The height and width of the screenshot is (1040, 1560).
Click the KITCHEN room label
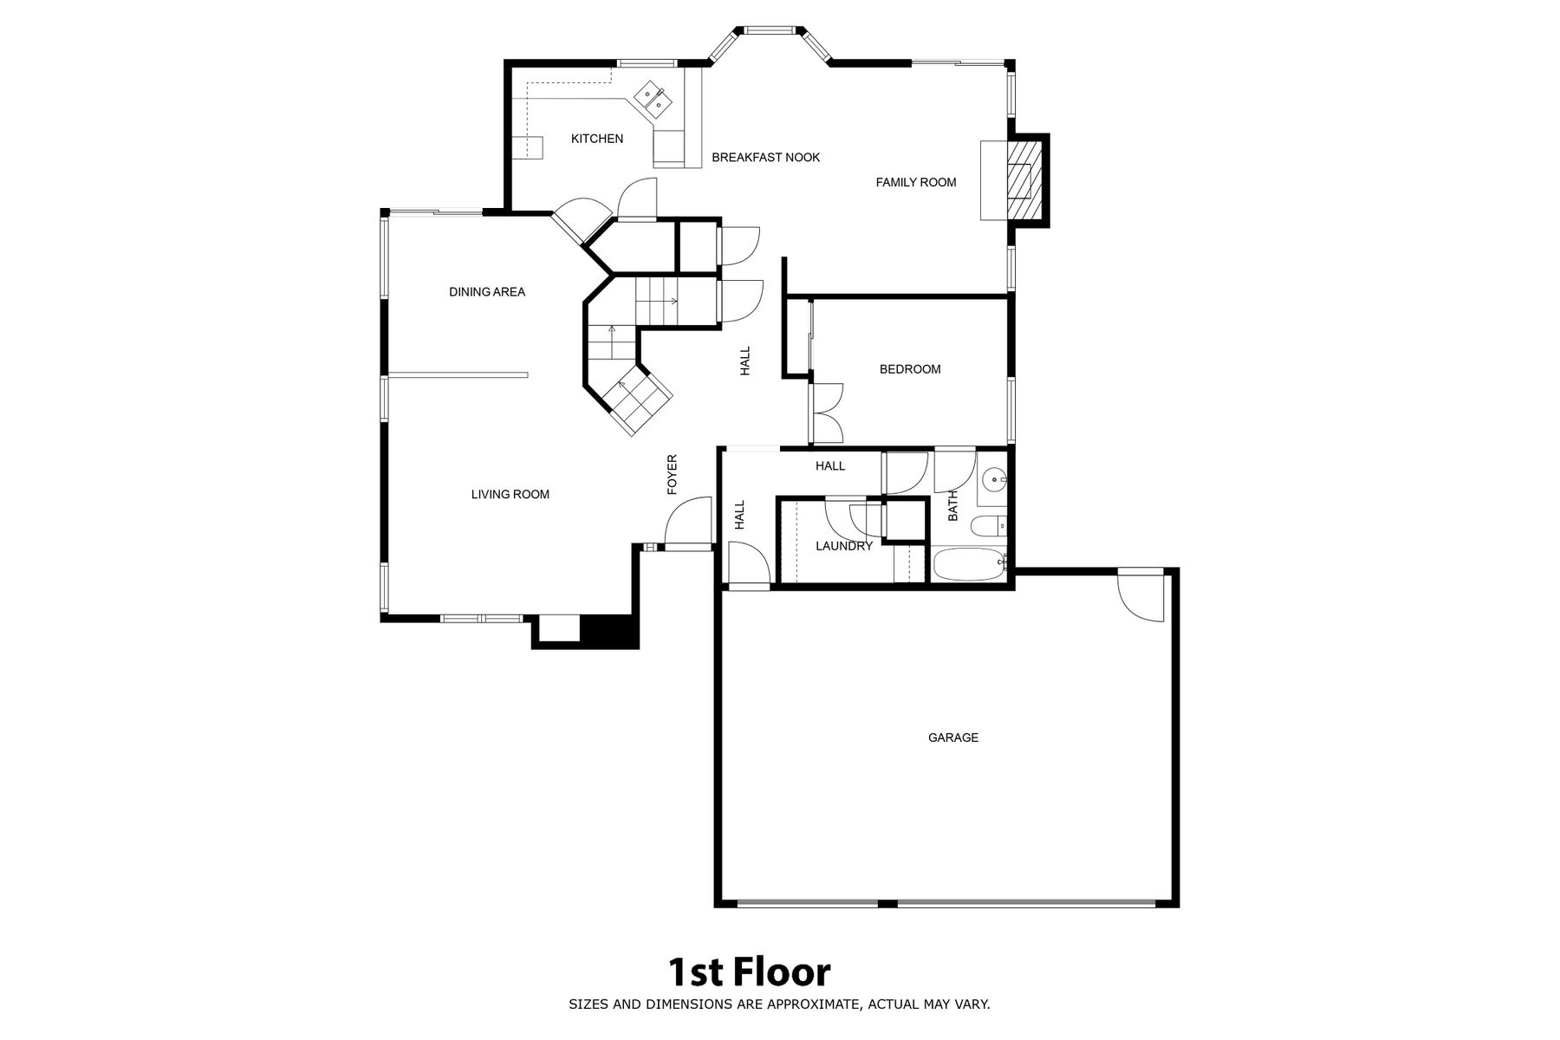597,139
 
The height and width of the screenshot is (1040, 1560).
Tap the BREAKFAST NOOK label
766,158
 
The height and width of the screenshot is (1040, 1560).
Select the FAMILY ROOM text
916,183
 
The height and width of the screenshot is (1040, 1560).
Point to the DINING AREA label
487,292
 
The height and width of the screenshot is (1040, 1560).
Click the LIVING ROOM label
510,495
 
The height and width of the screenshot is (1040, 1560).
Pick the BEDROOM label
910,369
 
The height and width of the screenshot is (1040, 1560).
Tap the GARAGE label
953,738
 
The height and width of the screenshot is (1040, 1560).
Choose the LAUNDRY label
844,547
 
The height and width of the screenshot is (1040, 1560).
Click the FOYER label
673,475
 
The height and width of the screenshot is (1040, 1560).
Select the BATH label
953,506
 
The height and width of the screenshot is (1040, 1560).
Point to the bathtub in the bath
968,565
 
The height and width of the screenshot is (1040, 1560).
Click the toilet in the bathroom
988,526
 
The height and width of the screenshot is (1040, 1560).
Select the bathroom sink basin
995,477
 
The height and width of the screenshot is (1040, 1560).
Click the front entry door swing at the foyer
687,522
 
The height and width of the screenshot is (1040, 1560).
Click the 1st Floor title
749,972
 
